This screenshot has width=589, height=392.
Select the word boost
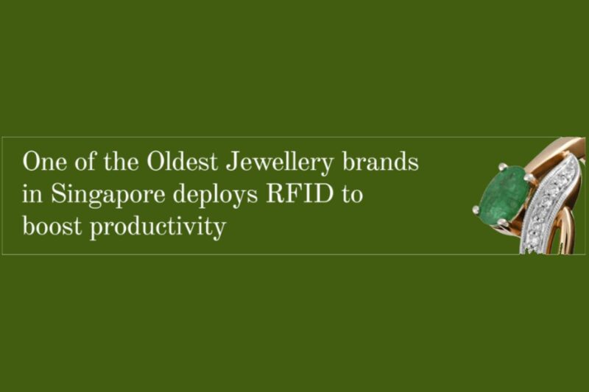coord(49,227)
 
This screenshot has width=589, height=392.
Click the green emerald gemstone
coord(504,193)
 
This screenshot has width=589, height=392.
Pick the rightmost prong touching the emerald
coord(529,177)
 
